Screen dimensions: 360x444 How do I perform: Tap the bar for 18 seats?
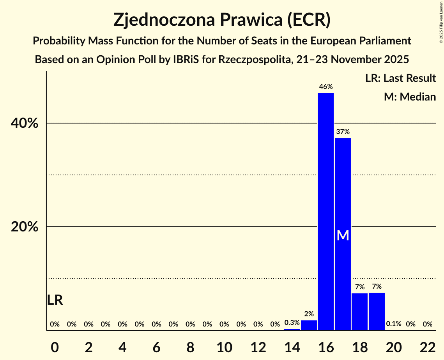point(359,312)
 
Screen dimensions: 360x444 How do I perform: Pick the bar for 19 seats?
point(377,311)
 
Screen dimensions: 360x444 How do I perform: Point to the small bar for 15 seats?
point(309,325)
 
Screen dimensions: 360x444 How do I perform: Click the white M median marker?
point(343,235)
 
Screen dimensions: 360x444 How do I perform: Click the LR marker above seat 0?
point(55,300)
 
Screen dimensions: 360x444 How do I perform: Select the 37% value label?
point(343,132)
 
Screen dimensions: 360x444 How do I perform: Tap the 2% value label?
point(309,314)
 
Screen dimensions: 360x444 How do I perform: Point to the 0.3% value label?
point(292,323)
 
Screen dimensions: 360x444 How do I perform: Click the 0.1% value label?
point(393,324)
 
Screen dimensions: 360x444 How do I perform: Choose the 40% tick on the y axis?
point(25,124)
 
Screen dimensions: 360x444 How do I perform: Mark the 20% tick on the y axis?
point(25,227)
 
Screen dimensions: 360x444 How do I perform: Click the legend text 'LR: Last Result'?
point(400,78)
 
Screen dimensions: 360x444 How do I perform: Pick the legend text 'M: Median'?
point(410,97)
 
